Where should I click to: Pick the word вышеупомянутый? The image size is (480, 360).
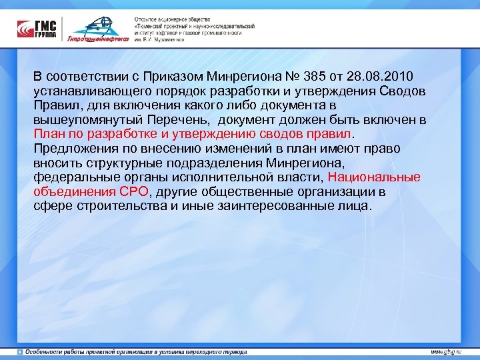coord(83,120)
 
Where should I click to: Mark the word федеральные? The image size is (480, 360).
coord(74,177)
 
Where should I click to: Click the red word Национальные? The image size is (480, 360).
coord(375,177)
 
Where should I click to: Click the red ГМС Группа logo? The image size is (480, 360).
coord(37,28)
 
